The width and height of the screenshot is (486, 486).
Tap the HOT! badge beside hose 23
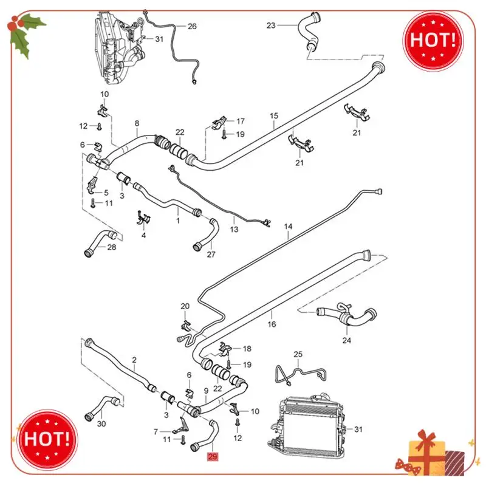[434, 39]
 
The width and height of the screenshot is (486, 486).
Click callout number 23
[271, 26]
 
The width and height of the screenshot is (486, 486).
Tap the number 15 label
[274, 115]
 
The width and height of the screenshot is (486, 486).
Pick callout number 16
[272, 324]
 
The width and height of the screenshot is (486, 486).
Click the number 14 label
[289, 227]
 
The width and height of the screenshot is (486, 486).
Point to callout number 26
[192, 26]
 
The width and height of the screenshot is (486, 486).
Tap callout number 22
[180, 132]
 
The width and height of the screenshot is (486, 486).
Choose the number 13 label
[234, 229]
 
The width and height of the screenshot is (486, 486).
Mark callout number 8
[137, 123]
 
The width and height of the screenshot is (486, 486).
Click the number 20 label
[185, 306]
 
